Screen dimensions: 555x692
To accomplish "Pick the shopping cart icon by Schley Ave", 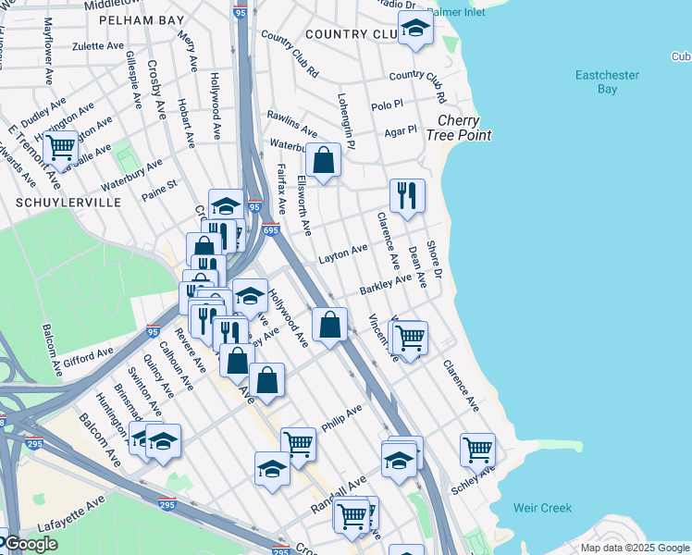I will pos(477,450).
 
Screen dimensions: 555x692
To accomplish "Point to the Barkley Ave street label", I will pos(385,284).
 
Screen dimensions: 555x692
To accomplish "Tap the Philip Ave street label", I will pos(341,418).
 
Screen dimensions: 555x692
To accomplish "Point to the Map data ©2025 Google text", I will pos(634,548).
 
